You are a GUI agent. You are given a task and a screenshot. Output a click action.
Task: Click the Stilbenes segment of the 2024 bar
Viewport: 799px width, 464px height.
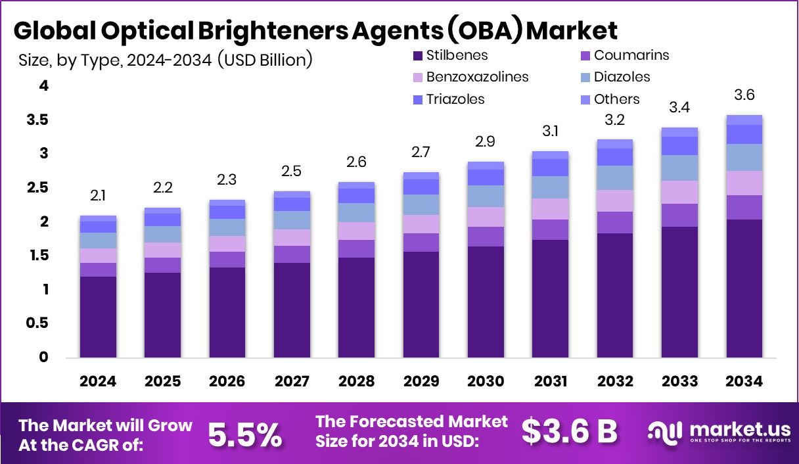pos(98,317)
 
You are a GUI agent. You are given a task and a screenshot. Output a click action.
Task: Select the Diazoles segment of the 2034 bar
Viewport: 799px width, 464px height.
pos(744,157)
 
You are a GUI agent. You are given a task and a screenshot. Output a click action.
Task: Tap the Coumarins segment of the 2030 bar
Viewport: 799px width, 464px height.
pos(486,237)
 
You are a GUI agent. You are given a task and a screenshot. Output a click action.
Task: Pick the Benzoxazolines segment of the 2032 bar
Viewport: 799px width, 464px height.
pos(615,200)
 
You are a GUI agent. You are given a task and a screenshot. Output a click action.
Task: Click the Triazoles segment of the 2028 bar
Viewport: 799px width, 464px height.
pos(356,196)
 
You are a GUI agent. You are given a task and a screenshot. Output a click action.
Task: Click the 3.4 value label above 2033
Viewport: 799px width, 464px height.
pos(679,107)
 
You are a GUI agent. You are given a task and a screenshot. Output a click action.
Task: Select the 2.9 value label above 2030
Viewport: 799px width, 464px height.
pos(486,142)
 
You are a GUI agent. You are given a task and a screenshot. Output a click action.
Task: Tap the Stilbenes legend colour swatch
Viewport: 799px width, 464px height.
pos(417,56)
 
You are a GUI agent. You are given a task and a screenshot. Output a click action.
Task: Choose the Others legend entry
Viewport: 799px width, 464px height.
pos(616,99)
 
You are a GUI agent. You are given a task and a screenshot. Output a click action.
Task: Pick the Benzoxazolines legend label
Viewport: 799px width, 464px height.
pos(477,77)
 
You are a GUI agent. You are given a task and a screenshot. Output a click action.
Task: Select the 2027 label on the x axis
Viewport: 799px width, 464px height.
pos(292,382)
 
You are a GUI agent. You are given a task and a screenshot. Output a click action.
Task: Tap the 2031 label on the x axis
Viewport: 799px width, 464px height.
pos(550,382)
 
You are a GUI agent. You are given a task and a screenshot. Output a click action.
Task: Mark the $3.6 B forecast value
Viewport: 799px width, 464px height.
pos(569,431)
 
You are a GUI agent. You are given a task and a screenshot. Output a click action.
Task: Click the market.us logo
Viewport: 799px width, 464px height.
pos(718,431)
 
